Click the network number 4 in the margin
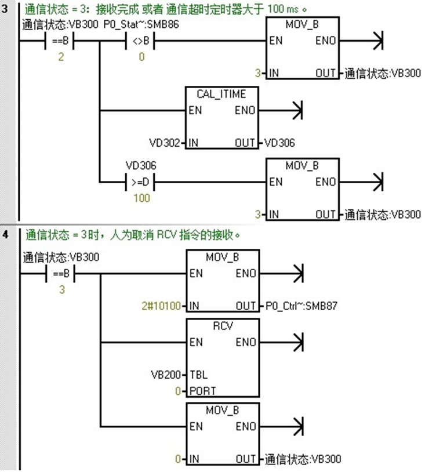pos(6,235)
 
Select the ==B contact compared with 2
pos(60,42)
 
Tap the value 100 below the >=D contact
pos(141,198)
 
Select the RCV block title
pos(223,326)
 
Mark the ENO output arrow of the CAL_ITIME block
pos(296,110)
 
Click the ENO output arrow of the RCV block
pos(296,342)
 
